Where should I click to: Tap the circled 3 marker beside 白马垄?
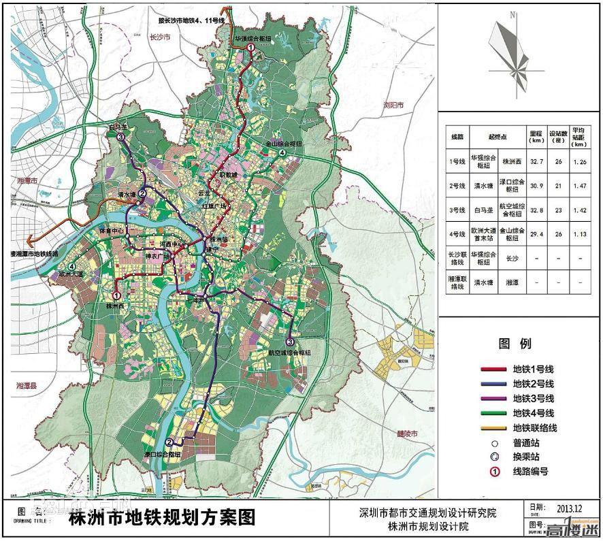pos(120,138)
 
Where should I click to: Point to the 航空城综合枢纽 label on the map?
pos(289,353)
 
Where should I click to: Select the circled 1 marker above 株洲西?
pos(116,295)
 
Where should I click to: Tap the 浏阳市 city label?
pos(393,105)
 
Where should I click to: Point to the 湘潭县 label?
pos(27,385)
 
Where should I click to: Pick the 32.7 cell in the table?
pos(536,161)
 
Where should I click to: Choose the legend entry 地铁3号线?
pos(534,398)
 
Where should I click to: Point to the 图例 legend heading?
pos(515,344)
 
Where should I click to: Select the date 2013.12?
pos(570,508)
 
